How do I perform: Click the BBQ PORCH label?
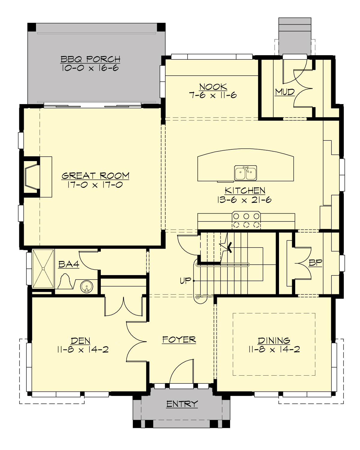point(91,59)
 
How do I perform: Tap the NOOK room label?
point(213,87)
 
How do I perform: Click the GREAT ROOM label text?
point(95,175)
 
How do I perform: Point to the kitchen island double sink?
point(245,173)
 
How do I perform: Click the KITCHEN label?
point(245,190)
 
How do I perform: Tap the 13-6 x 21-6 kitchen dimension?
point(245,199)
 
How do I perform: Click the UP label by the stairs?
point(185,281)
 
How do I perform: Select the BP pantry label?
point(315,263)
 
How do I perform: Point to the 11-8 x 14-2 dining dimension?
point(274,349)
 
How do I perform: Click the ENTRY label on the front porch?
point(182,404)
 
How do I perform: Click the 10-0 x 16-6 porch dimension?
point(91,68)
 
